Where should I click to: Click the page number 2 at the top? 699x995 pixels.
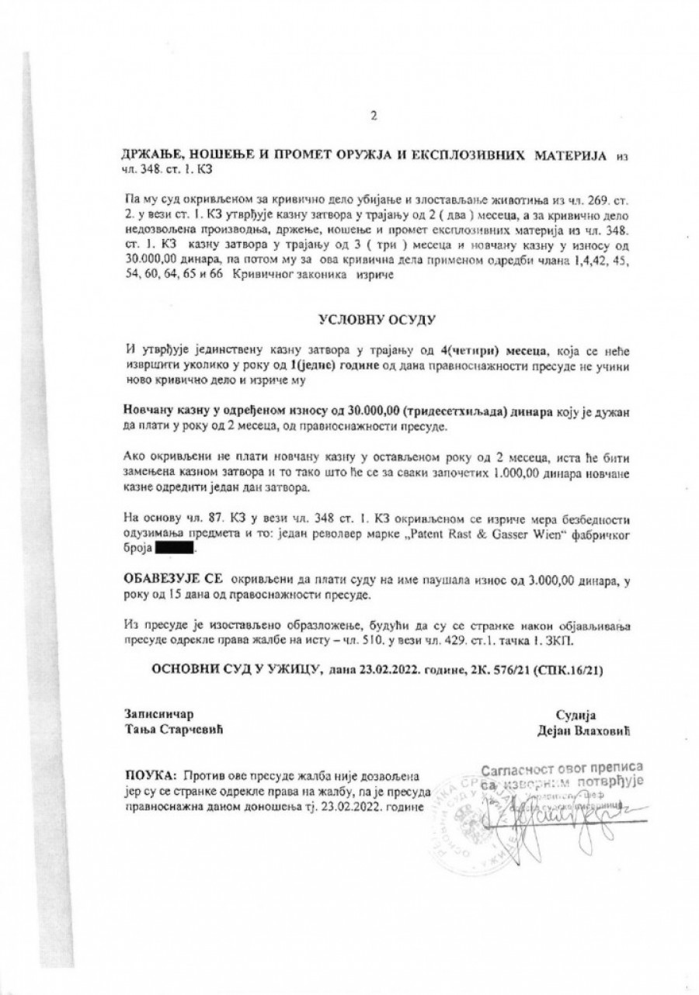click(374, 117)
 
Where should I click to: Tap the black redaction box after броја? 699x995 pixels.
click(176, 550)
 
